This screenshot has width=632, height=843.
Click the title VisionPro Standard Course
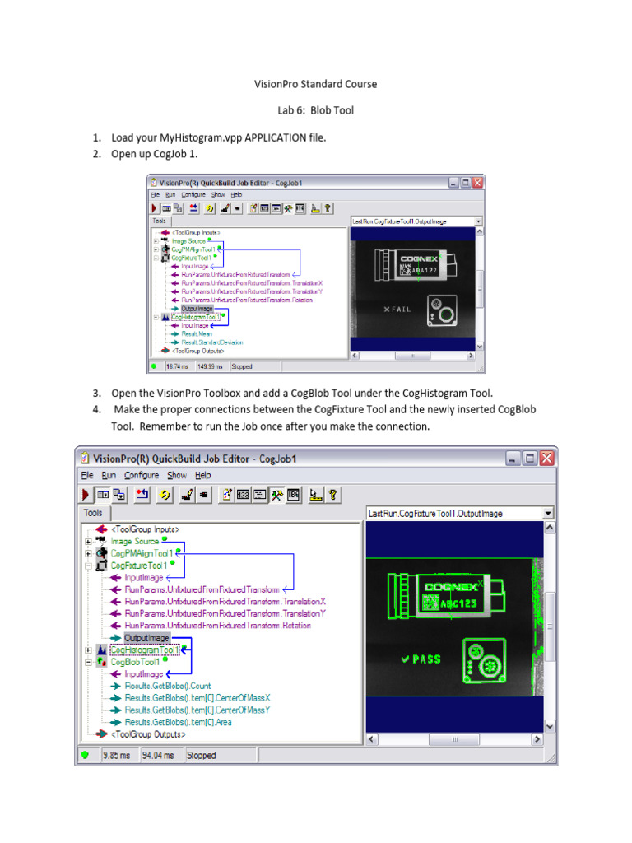coord(315,84)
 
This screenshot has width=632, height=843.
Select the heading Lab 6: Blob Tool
coord(315,110)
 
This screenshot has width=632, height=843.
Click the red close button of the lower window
coord(546,459)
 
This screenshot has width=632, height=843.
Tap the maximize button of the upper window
coord(465,184)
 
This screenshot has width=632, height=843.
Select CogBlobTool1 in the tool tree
coord(134,661)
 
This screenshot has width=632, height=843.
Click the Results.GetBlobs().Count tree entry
coord(167,686)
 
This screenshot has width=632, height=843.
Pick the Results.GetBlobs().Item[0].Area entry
coord(178,722)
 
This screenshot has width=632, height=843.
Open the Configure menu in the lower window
coord(142,476)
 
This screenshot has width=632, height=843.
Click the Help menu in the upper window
coord(236,195)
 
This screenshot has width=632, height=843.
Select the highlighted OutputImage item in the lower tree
coord(146,638)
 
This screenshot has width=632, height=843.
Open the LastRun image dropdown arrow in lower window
coord(548,514)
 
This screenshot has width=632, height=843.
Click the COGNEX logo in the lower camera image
coord(448,587)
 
